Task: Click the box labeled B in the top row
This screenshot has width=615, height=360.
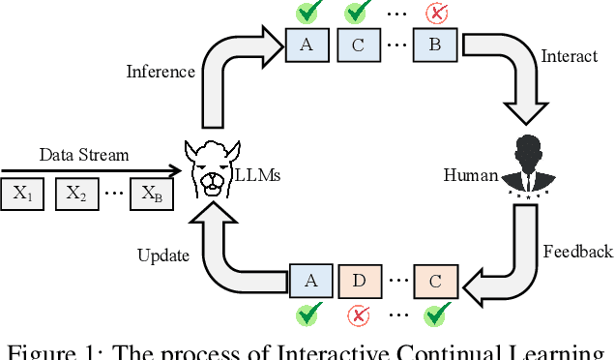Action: click(435, 45)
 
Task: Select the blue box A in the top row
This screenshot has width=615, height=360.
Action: click(307, 45)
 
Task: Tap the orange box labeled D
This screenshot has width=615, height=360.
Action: click(358, 281)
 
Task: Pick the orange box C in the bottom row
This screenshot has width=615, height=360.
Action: click(436, 281)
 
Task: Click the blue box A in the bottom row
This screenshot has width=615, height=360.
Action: click(309, 281)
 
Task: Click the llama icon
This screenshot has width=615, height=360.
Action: click(212, 168)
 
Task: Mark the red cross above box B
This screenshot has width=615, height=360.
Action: click(436, 14)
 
